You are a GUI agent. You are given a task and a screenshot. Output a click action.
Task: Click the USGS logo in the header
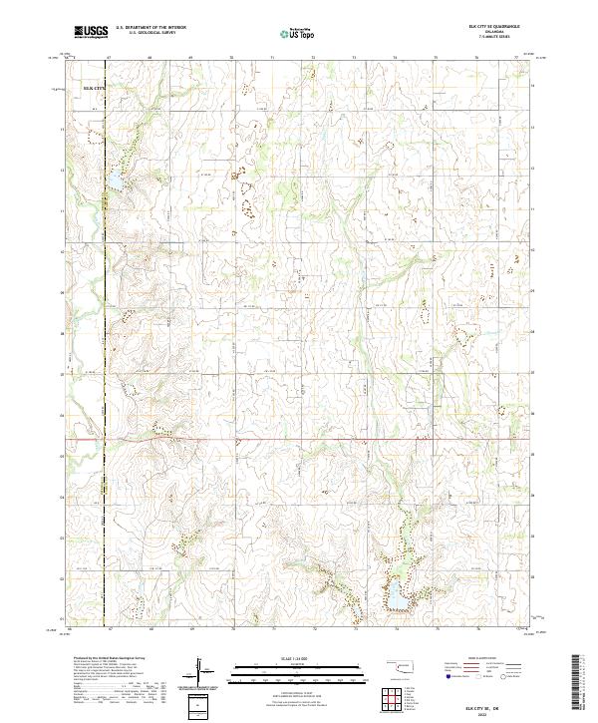(x=91, y=32)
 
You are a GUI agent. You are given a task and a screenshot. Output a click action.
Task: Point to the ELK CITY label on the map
(x=93, y=89)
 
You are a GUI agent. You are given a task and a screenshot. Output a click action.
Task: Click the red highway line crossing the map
(x=299, y=438)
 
